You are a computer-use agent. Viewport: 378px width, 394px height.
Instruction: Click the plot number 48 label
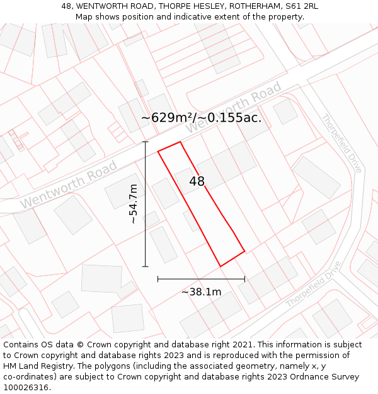(x=197, y=182)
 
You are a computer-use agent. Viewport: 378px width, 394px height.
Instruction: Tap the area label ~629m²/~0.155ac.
(x=201, y=118)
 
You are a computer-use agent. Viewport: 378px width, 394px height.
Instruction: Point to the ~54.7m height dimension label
(x=133, y=204)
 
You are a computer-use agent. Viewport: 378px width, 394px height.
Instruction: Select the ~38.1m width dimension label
(x=201, y=292)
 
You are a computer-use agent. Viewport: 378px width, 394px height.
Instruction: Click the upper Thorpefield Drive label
(x=341, y=143)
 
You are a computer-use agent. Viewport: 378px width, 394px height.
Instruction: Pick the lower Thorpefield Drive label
(x=313, y=284)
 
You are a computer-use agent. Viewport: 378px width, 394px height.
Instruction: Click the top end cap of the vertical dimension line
(x=146, y=142)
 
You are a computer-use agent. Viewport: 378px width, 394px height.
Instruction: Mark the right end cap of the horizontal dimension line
(x=244, y=278)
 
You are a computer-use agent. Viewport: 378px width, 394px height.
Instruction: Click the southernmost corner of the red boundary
(x=220, y=266)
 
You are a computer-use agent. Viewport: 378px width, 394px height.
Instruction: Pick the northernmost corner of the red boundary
(x=180, y=142)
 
